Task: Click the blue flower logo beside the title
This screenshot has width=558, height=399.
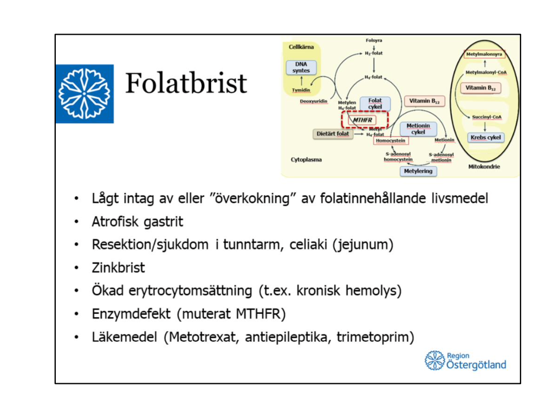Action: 85,93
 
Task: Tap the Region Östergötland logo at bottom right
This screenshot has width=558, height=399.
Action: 466,361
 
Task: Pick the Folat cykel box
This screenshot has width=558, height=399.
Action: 375,104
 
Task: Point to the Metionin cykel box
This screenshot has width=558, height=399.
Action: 418,129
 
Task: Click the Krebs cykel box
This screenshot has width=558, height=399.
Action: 485,137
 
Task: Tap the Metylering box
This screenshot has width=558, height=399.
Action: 418,171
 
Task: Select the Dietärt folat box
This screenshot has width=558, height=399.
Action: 332,133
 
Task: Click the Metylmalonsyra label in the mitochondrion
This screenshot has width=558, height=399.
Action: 485,55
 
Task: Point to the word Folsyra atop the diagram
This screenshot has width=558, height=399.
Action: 374,41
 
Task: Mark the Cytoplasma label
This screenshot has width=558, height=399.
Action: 306,160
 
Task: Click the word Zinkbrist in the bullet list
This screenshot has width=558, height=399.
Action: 118,268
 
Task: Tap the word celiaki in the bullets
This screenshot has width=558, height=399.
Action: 309,244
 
